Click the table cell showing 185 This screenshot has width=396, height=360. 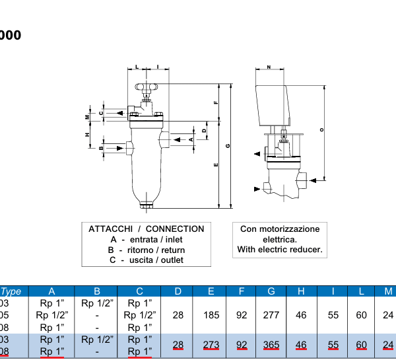point(211,315)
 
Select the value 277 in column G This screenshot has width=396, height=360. point(271,315)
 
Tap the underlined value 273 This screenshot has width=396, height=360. point(211,345)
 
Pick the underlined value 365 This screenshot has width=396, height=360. point(271,345)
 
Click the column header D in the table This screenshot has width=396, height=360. point(178,291)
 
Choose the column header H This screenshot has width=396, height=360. point(301,291)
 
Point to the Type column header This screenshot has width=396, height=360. point(11,291)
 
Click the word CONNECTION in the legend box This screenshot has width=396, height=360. point(175,229)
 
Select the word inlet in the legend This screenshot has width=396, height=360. point(174,239)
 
